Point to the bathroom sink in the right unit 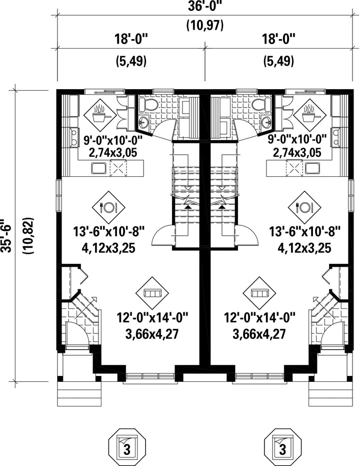pyautogui.click(x=267, y=122)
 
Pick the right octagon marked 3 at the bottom pyautogui.click(x=282, y=444)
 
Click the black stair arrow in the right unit pyautogui.click(x=221, y=204)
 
